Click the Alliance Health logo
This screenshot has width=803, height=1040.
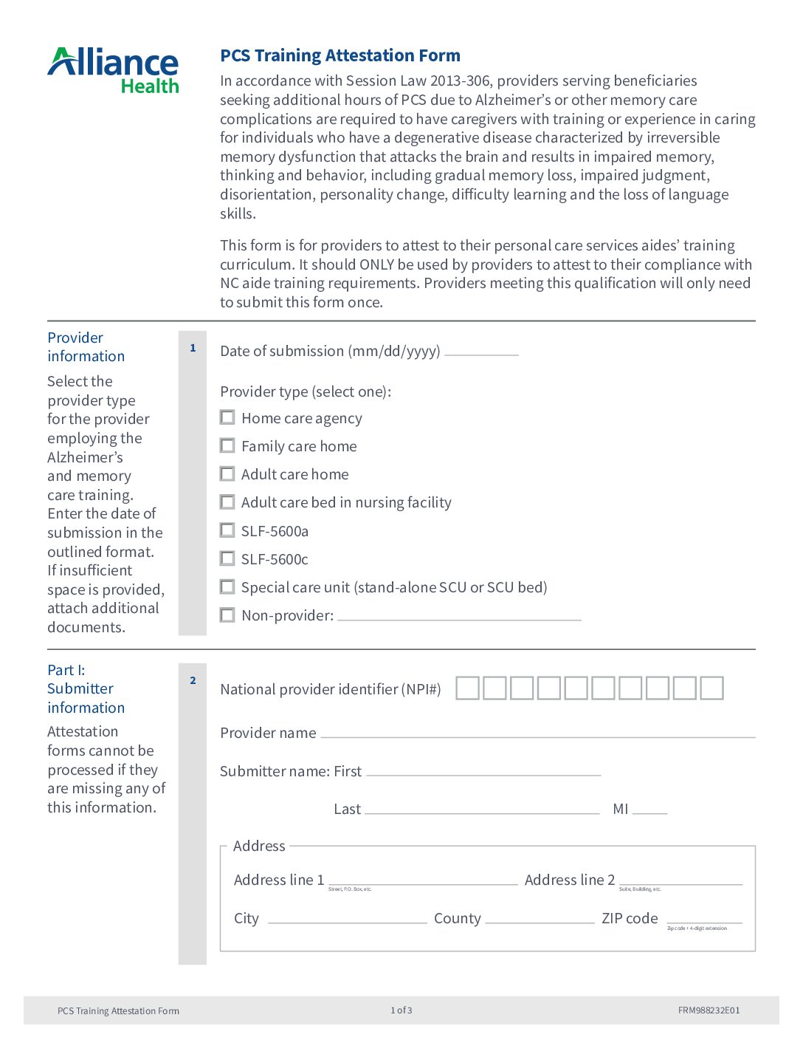tap(113, 71)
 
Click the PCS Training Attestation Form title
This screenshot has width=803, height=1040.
tap(340, 55)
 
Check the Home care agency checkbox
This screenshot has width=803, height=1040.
tap(227, 417)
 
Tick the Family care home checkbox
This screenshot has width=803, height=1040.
tap(227, 445)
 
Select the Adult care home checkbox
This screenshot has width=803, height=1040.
tap(227, 473)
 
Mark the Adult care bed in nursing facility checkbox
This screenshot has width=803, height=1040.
tap(227, 502)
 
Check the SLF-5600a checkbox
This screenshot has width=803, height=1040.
tap(227, 530)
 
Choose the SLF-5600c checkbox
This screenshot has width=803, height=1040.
tap(227, 558)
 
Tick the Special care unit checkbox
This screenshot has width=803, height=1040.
tap(227, 586)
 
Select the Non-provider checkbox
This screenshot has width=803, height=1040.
tap(227, 615)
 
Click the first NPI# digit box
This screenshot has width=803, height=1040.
tap(467, 688)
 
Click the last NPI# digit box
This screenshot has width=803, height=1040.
tap(711, 688)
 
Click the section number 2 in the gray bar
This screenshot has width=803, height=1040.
tap(193, 680)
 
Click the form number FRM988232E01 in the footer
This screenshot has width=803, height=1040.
tap(709, 1010)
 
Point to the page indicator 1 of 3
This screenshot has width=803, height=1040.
tap(401, 1010)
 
